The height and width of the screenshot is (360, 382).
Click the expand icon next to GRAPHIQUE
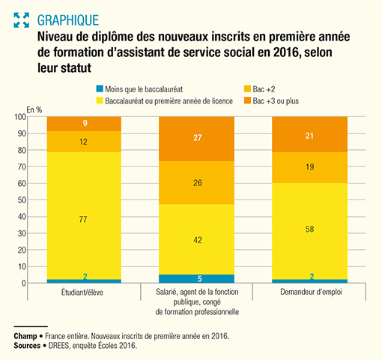click(x=22, y=19)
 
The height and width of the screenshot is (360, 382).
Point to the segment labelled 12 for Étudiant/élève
click(x=94, y=142)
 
